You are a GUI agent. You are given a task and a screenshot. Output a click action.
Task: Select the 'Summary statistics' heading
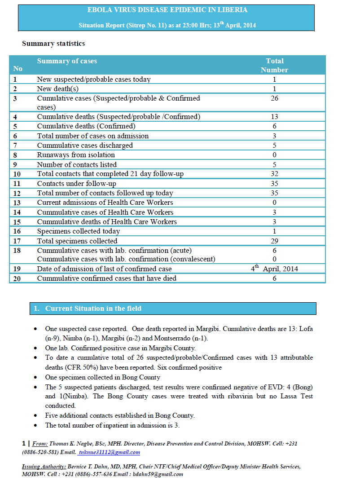[x=53, y=44]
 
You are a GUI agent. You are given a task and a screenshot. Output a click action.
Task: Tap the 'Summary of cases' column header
[x=67, y=61]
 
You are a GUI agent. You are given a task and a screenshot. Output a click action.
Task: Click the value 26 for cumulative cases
[x=275, y=98]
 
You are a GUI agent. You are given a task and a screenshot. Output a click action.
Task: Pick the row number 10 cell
[x=17, y=174]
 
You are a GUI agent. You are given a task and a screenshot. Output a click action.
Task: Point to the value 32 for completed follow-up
[x=275, y=174]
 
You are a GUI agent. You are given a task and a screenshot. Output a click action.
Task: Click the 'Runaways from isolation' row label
[x=76, y=155]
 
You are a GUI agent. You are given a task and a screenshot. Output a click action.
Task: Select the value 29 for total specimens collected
[x=275, y=241]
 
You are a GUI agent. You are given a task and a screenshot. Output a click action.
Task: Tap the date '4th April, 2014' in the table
[x=274, y=269]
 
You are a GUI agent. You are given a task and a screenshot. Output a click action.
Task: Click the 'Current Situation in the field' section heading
[x=93, y=309]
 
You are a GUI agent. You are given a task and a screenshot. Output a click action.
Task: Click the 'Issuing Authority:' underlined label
[x=44, y=467]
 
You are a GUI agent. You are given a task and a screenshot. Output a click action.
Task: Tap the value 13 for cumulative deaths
[x=275, y=117]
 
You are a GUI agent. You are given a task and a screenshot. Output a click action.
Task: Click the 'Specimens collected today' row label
[x=79, y=231]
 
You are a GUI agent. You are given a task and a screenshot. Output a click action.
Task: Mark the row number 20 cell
[x=17, y=278]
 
